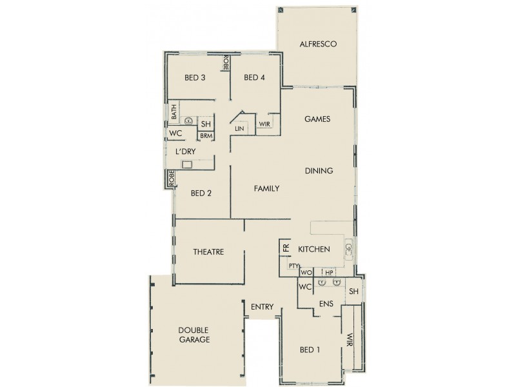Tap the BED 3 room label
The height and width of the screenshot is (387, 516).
click(x=195, y=78)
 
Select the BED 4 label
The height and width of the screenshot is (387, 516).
click(x=254, y=78)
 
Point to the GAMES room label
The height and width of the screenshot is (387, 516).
click(x=317, y=119)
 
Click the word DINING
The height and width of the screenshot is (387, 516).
click(x=319, y=171)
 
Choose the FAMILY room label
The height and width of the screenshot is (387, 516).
click(x=266, y=189)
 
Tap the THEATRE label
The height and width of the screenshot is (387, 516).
click(x=208, y=252)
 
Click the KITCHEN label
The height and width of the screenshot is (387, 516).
click(x=313, y=249)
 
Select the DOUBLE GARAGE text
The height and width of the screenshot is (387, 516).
click(x=194, y=335)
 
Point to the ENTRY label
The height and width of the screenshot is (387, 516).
click(x=263, y=307)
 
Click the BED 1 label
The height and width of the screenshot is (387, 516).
click(x=310, y=350)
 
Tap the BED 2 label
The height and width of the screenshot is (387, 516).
click(x=201, y=193)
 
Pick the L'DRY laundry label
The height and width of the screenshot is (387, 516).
click(x=185, y=151)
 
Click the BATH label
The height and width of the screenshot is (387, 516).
click(x=174, y=114)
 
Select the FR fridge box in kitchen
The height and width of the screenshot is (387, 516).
click(x=284, y=248)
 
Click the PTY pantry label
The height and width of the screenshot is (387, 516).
click(x=293, y=265)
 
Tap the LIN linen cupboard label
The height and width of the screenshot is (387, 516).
click(x=239, y=129)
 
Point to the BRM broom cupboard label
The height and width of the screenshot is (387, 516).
click(x=205, y=135)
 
